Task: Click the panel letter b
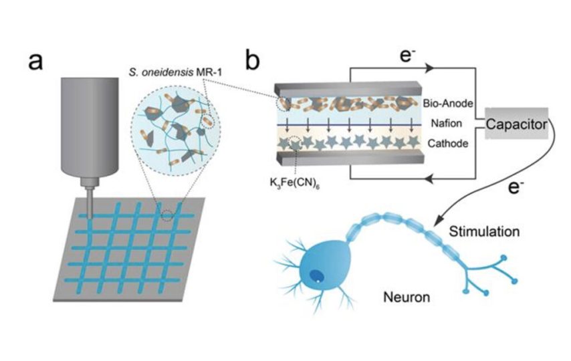[253, 61]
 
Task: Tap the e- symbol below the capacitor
[514, 188]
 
